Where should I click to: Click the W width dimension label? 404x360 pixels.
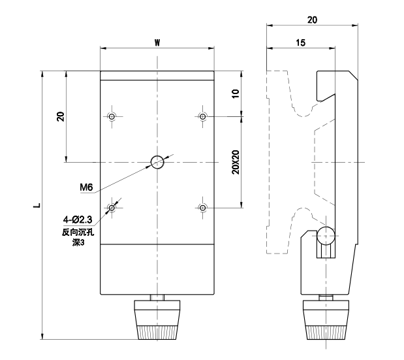pos(157,42)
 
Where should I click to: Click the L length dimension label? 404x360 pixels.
pos(38,205)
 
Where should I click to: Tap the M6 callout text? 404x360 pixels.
pos(86,187)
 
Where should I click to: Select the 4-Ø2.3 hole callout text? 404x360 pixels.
pos(78,220)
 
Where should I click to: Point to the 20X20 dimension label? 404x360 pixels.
pos(236,162)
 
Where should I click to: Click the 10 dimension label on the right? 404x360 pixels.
pos(236,93)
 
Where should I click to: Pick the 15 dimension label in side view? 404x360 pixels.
pos(300,42)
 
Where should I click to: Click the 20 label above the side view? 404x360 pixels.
pos(312,20)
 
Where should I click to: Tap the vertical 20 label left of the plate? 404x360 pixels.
pos(61,116)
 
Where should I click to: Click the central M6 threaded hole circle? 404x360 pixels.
pos(157,162)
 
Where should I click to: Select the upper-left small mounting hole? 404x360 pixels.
pos(112,116)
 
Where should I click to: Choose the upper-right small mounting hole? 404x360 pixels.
pos(203,116)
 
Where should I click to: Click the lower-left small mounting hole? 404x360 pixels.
pos(112,208)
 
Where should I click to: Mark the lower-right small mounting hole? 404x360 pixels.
pos(203,208)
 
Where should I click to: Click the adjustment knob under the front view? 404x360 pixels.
pos(157,319)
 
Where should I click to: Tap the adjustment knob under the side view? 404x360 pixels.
pos(326,319)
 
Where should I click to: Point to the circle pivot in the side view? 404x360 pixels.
pos(326,236)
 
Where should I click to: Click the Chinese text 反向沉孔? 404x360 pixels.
pos(78,233)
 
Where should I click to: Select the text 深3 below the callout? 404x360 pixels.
pos(78,242)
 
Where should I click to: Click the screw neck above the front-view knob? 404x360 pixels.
pos(157,297)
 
